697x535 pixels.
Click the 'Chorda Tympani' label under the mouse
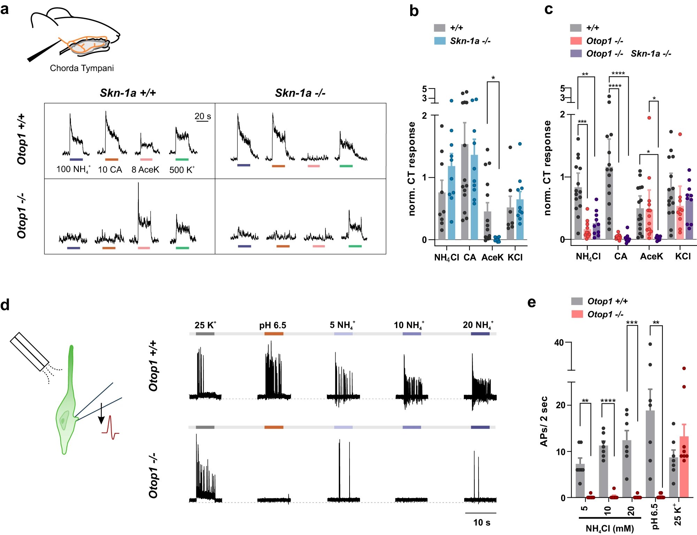point(82,68)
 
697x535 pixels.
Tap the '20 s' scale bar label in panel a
point(202,116)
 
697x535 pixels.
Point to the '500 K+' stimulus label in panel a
point(182,170)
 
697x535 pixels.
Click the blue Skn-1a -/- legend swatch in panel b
point(439,41)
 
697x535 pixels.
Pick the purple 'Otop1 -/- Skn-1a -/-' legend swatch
point(576,53)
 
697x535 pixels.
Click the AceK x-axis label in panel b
point(492,257)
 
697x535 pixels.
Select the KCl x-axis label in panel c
point(683,256)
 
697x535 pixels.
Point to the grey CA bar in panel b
point(465,192)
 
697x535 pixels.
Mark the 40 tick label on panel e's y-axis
point(559,343)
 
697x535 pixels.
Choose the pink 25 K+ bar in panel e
point(684,467)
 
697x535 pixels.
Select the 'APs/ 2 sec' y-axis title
point(544,421)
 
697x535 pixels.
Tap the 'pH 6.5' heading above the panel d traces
point(273,325)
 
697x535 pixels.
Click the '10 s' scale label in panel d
point(482,522)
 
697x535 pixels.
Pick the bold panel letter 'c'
point(549,9)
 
